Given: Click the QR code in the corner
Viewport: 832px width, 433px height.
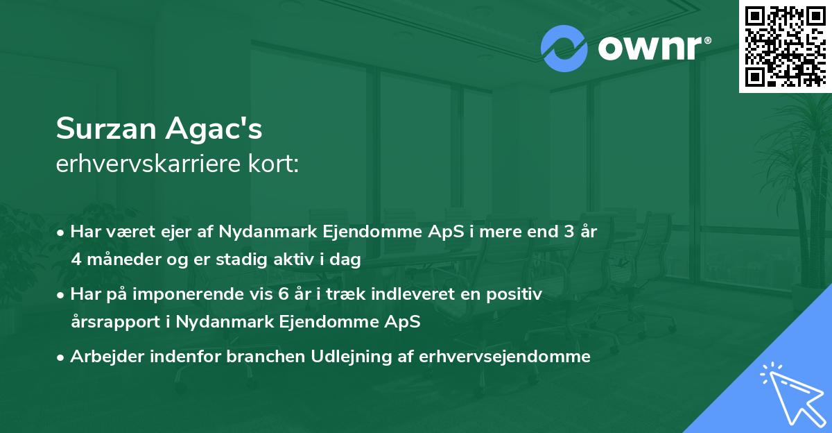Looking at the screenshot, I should pyautogui.click(x=785, y=46).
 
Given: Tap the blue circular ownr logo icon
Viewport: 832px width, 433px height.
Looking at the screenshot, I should pyautogui.click(x=564, y=49).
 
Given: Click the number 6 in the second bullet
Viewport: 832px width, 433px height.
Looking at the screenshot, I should pyautogui.click(x=283, y=294).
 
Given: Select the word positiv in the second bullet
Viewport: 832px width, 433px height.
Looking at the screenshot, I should pyautogui.click(x=516, y=294).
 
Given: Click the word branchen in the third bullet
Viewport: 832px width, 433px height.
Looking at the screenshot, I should pyautogui.click(x=253, y=357).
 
